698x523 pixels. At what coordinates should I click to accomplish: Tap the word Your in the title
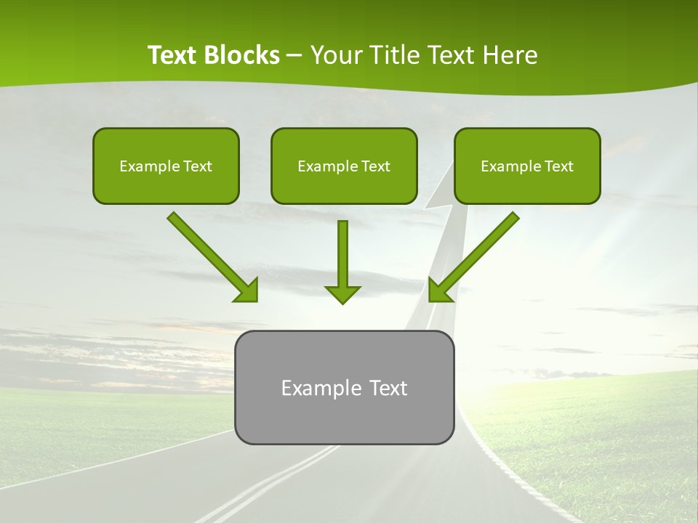pos(335,55)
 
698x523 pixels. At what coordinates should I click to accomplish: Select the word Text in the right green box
pos(558,166)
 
